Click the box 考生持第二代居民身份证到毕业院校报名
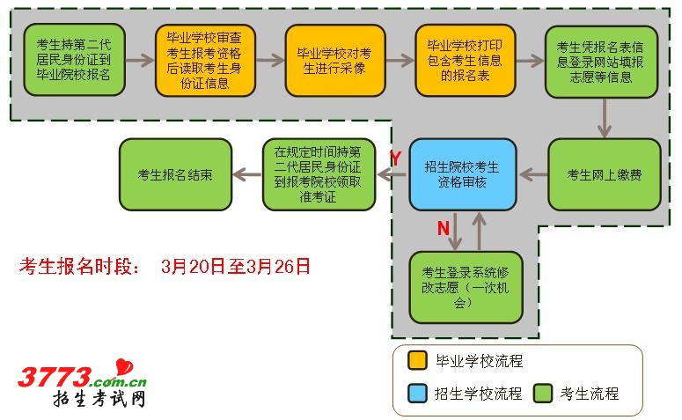tap(74, 60)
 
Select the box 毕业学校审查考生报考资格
tap(205, 60)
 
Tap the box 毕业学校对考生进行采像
tap(334, 60)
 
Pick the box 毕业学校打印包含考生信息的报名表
tap(465, 60)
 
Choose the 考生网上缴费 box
tap(604, 174)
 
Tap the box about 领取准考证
tap(318, 174)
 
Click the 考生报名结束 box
tap(175, 174)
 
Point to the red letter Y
tap(395, 158)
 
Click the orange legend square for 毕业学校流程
tap(417, 361)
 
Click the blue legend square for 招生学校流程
tap(417, 393)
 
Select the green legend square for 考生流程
tap(542, 393)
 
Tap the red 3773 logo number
tap(55, 377)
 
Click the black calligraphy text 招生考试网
tap(99, 401)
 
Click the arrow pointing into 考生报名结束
tap(247, 174)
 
